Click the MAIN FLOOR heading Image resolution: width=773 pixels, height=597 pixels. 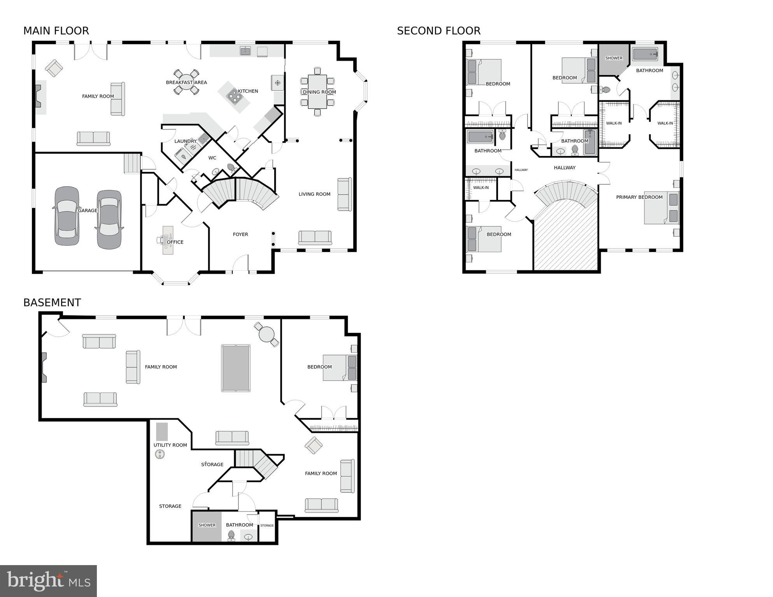[56, 31]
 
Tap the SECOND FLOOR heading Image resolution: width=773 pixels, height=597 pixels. [438, 31]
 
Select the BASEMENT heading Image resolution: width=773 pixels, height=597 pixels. [52, 303]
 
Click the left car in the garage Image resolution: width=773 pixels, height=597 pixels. [67, 216]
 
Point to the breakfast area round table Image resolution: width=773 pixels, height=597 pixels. [186, 82]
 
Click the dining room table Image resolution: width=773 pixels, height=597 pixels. [317, 92]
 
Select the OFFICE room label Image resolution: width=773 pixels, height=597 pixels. [175, 242]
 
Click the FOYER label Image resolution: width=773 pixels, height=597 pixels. [240, 234]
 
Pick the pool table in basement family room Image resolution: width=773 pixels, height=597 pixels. [236, 368]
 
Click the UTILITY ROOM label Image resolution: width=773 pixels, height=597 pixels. [170, 445]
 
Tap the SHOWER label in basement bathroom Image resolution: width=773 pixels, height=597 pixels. [207, 525]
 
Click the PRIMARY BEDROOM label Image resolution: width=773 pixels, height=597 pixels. [639, 197]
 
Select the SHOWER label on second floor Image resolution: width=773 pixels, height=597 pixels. [613, 58]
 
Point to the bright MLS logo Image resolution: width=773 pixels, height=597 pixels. [48, 581]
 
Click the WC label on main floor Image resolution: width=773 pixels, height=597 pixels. [212, 158]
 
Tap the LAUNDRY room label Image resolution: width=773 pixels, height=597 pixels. [185, 141]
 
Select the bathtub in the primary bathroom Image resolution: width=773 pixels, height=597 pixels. [645, 54]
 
